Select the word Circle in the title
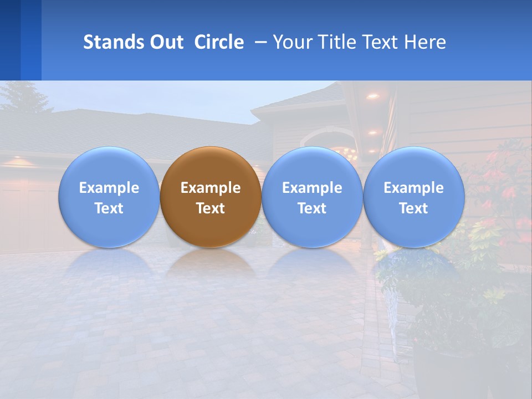pyautogui.click(x=219, y=42)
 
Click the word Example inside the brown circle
pyautogui.click(x=211, y=188)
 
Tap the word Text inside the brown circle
pyautogui.click(x=211, y=208)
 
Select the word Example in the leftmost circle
pyautogui.click(x=109, y=188)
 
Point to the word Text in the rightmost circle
pyautogui.click(x=413, y=208)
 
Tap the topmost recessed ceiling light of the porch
pyautogui.click(x=373, y=96)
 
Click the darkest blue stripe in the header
pyautogui.click(x=10, y=40)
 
